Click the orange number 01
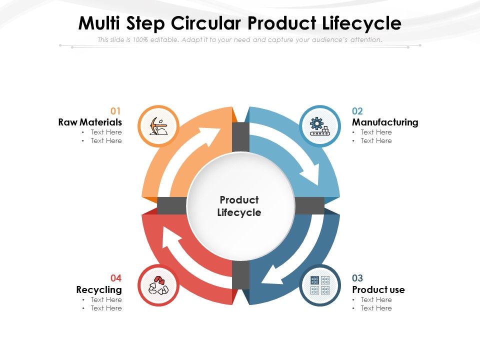coord(116,111)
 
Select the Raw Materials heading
coord(90,122)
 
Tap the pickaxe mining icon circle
coord(157,126)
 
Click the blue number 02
coord(357,111)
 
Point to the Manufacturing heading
coord(385,122)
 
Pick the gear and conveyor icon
coord(320,126)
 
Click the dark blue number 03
coord(357,278)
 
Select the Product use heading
coord(378,289)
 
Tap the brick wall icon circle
coord(320,285)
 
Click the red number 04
coord(116,278)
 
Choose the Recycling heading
coord(99,289)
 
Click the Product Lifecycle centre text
coord(239,206)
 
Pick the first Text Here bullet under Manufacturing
coord(376,132)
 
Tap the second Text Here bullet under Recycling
coord(106,308)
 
